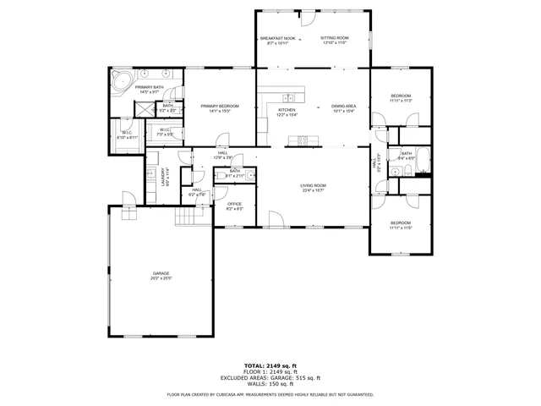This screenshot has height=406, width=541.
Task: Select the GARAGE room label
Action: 161,275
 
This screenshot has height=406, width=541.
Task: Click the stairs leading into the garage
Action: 190,217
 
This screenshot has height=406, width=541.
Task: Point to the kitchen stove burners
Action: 305,138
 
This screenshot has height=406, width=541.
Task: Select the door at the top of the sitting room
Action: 308,15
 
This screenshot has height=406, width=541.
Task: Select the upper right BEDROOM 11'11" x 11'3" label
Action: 400,98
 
